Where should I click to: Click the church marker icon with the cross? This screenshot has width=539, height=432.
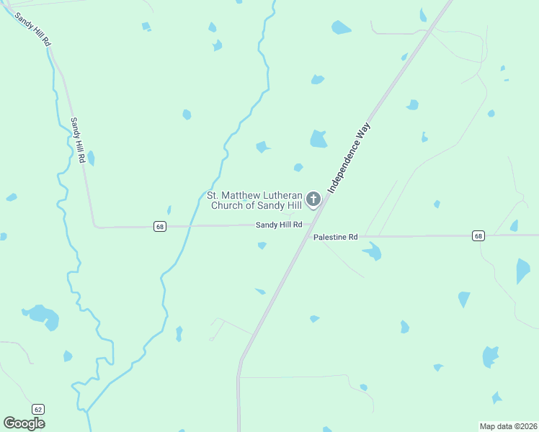[313, 199]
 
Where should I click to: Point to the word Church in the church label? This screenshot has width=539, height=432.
[226, 205]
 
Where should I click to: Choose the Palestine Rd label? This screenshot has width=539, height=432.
[335, 237]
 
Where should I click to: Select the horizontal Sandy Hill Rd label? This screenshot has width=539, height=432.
[279, 225]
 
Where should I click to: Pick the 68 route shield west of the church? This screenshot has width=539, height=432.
[160, 226]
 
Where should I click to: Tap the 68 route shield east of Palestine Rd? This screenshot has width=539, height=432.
[478, 235]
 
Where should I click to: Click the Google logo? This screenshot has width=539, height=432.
[24, 423]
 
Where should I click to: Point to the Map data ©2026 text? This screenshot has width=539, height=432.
[508, 426]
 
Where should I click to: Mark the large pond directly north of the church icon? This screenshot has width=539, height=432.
[318, 139]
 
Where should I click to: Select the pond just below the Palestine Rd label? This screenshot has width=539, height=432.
[372, 251]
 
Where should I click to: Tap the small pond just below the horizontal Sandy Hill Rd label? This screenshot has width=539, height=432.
[262, 246]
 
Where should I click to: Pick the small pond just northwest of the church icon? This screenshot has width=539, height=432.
[298, 168]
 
